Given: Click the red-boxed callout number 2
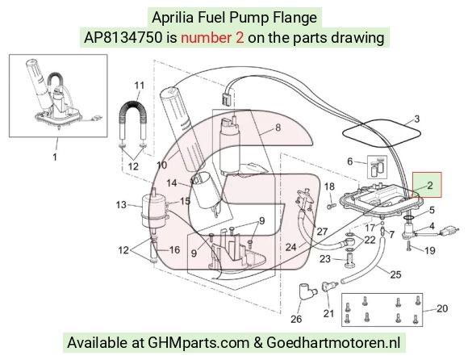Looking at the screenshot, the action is pos(430,186).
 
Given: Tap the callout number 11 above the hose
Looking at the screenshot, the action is pos(139,86).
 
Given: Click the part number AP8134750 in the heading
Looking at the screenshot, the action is pos(123,38).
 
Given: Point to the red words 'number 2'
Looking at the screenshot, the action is pos(212,38).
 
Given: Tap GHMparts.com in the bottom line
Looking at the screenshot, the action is pos(198,343).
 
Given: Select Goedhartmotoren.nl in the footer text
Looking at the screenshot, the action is pos(333,342).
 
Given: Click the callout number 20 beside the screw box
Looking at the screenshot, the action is pos(442,308).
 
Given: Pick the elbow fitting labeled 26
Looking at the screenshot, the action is pos(305,292).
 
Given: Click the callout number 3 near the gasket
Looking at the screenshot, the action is pos(417,119).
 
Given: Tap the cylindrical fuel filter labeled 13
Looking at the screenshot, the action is pos(153,211).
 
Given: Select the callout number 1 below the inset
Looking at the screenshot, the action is pos(55,157).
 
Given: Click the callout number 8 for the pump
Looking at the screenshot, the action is pos(278,128).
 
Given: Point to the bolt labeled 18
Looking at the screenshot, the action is pos(331,205).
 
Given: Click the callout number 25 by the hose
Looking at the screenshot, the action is pos(395,274).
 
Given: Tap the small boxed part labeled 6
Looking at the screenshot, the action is pos(377,167).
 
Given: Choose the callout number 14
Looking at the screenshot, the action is pos(172,183).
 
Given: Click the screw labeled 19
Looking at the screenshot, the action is pos(408,246).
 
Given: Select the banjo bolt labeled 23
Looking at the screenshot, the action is pos(350,260).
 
